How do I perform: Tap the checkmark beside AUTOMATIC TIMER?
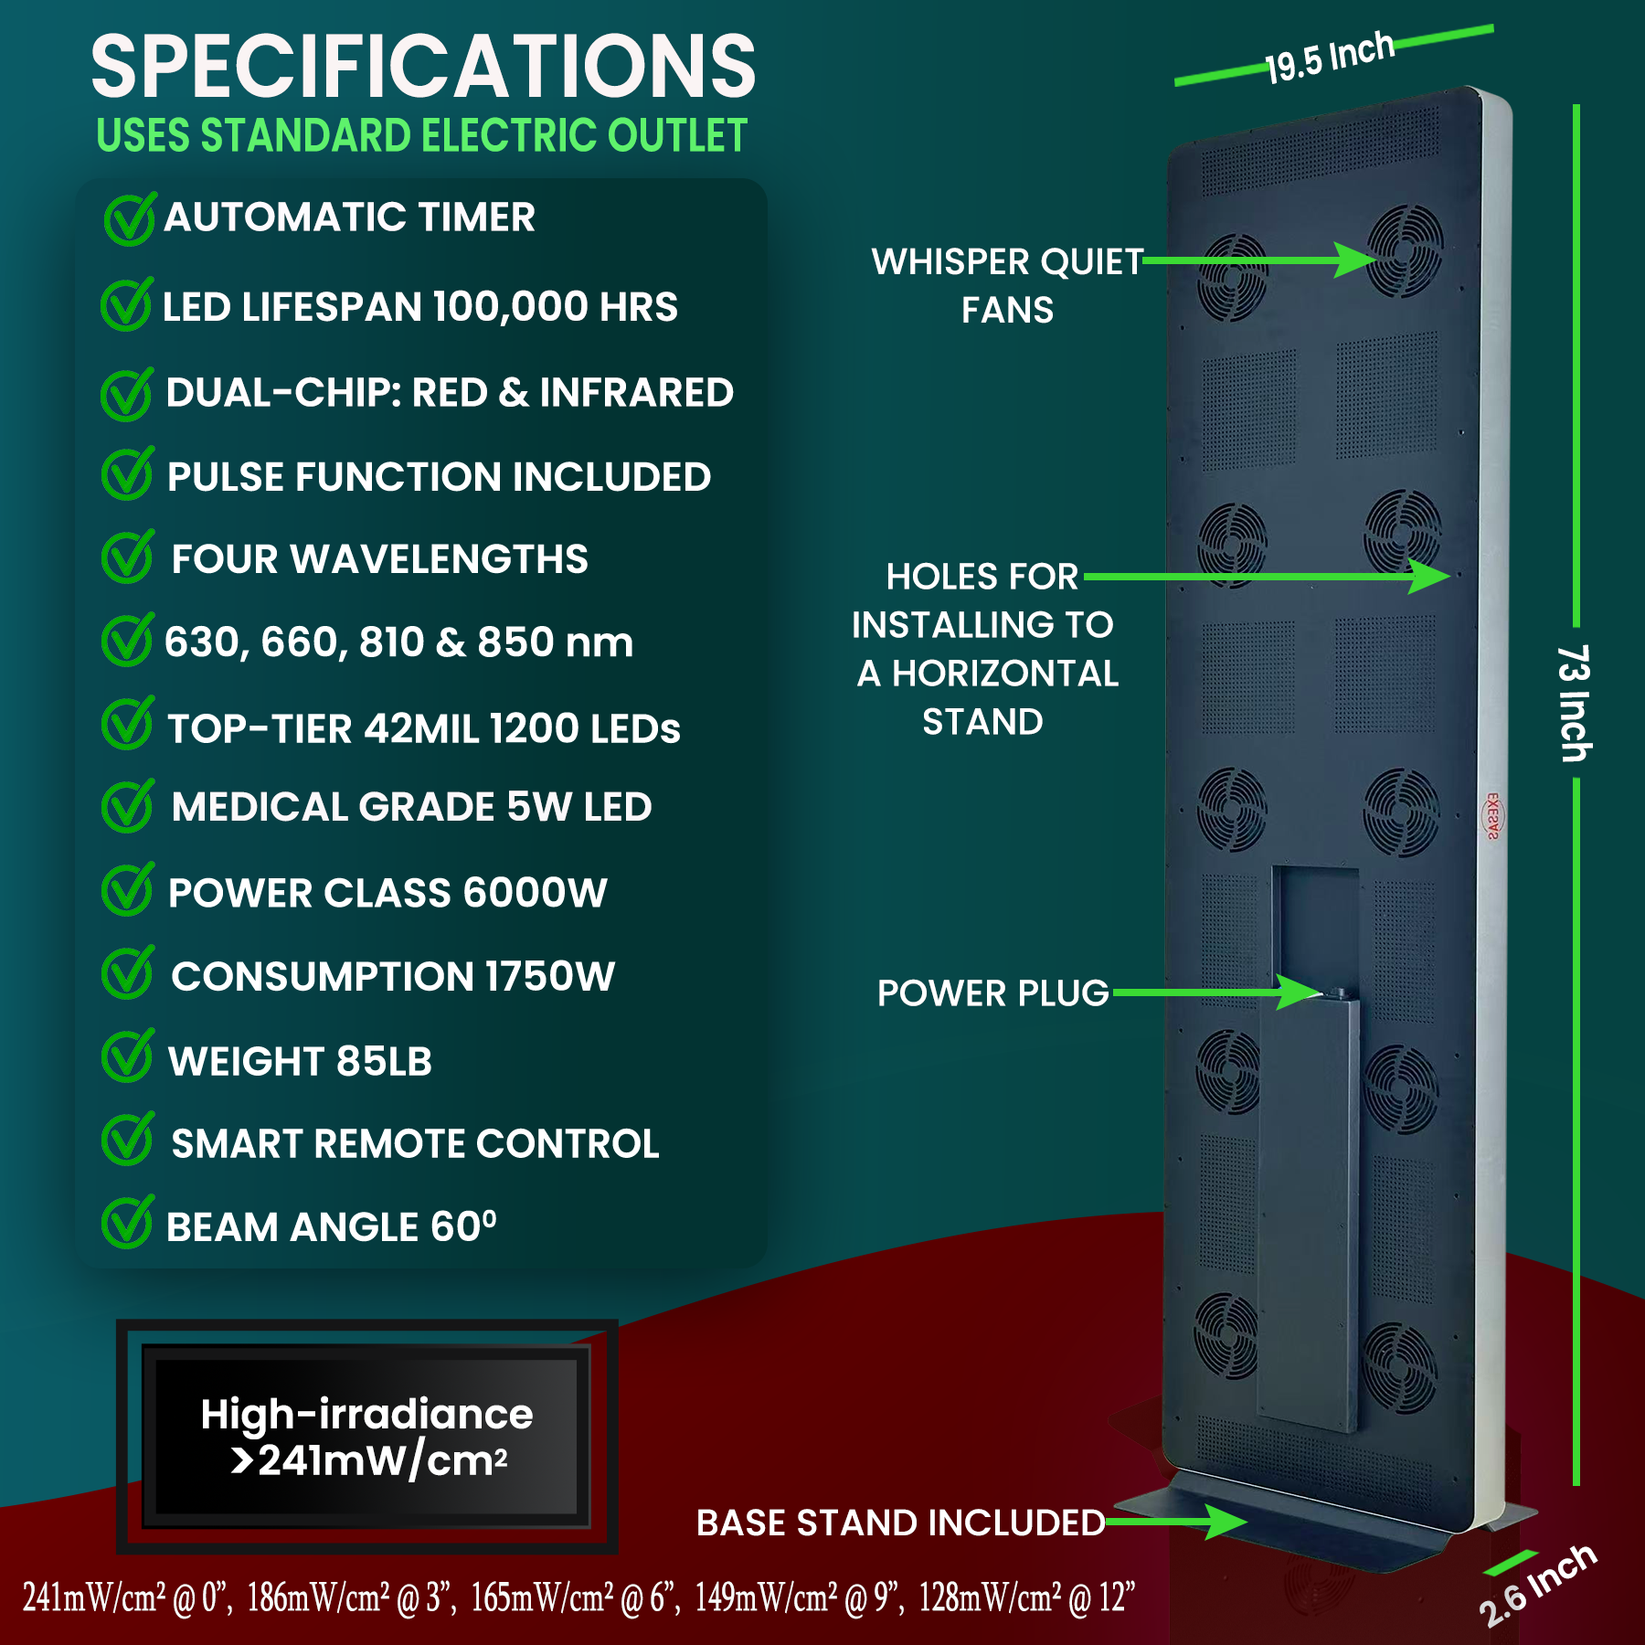pos(130,219)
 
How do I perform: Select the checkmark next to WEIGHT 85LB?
pos(127,1056)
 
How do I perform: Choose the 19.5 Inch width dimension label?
pos(1330,57)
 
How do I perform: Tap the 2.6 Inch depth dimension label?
pos(1537,1587)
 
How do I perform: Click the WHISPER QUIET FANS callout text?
pos(1007,286)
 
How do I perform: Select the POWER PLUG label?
pos(993,993)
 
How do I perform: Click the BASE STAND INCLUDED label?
pos(900,1523)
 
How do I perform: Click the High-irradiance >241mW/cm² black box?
pos(367,1437)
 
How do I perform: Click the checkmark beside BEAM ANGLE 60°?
pos(127,1222)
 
